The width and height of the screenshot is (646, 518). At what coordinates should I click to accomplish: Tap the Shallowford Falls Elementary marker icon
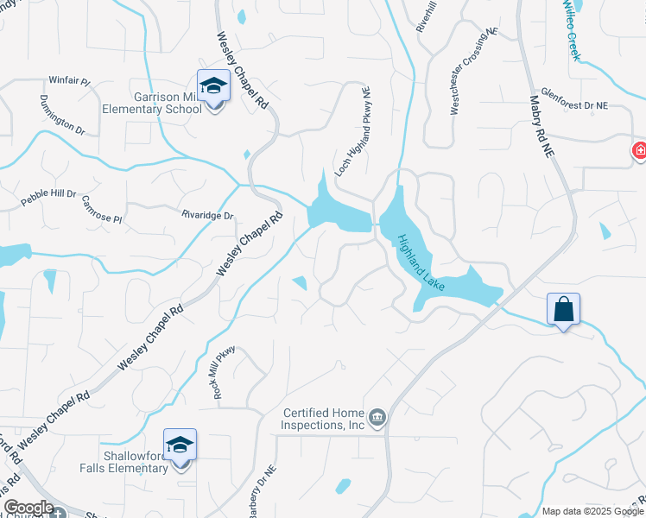point(180,445)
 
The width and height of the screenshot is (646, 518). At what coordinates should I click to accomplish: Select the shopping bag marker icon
point(562,309)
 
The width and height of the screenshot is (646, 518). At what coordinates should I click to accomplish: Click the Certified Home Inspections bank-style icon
point(377,419)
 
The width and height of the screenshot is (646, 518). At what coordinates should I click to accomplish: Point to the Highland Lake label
point(421,262)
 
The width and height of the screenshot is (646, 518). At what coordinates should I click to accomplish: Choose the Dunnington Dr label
point(61,115)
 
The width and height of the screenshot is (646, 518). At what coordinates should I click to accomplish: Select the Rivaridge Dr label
point(207,215)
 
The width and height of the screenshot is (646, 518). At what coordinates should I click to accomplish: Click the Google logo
point(28,508)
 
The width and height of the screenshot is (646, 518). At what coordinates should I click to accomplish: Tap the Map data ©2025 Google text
point(592,511)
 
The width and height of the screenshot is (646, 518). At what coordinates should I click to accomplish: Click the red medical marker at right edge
point(640,151)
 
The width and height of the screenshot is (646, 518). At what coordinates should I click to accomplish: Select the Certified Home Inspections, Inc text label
point(324,419)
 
